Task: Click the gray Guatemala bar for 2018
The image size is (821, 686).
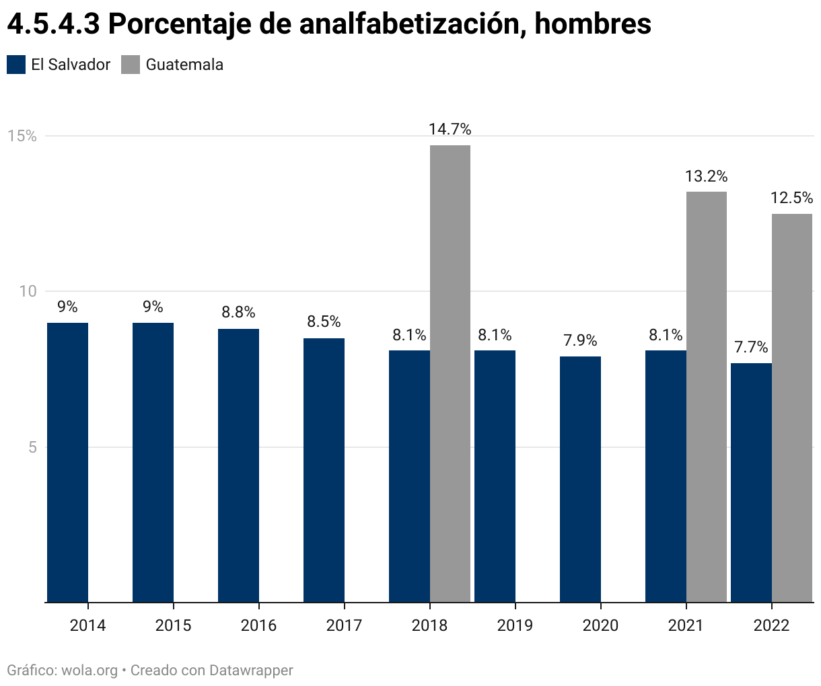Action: [450, 373]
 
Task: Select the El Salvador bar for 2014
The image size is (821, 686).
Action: [67, 462]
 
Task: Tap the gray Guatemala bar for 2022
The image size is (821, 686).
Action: [792, 408]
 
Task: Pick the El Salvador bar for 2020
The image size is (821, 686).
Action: [580, 479]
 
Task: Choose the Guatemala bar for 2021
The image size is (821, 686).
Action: [707, 397]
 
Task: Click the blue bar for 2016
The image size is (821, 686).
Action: [238, 465]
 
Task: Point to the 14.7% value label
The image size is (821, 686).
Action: [450, 129]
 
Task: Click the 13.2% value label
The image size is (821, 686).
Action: [707, 176]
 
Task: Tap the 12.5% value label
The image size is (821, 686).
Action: [792, 198]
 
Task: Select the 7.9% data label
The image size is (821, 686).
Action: [580, 340]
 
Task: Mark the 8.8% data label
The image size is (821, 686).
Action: [238, 312]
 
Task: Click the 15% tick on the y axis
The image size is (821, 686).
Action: [22, 136]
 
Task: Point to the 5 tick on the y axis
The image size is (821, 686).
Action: [32, 447]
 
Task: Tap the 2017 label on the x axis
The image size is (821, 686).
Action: [344, 625]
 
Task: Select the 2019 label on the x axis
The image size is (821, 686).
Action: [515, 625]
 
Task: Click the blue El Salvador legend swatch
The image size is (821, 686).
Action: [16, 65]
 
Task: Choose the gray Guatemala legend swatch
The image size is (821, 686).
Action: [131, 65]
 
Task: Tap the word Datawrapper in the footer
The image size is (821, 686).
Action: [251, 671]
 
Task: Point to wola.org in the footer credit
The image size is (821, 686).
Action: [90, 671]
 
